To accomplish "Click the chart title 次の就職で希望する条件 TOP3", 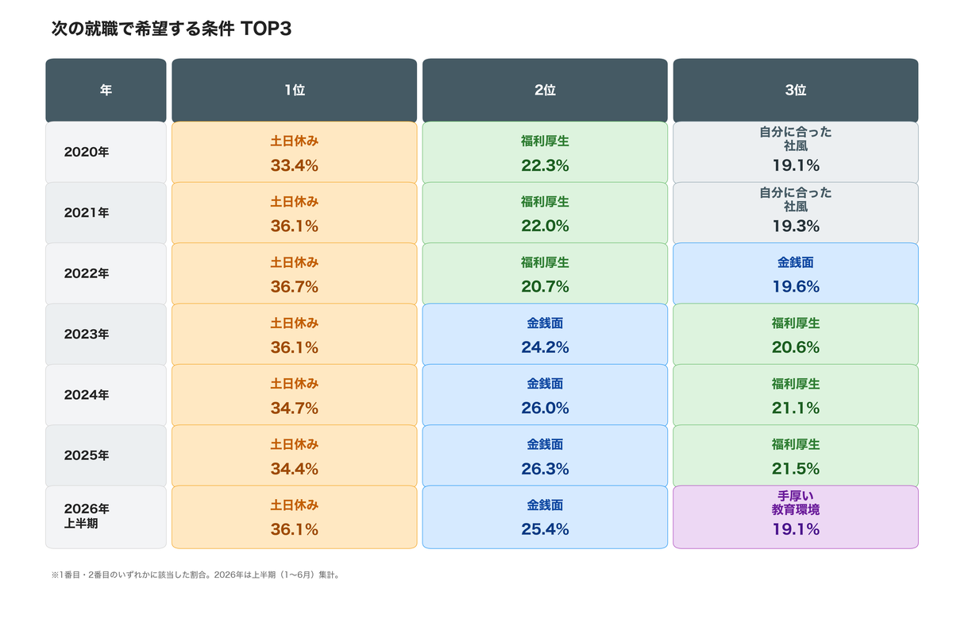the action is pyautogui.click(x=171, y=29).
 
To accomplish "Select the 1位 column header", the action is pyautogui.click(x=295, y=90).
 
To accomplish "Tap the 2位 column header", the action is pyautogui.click(x=545, y=90).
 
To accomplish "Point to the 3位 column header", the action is pyautogui.click(x=796, y=90).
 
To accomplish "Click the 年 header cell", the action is pyautogui.click(x=106, y=90).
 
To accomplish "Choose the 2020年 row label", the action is pyautogui.click(x=87, y=152).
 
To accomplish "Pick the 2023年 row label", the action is pyautogui.click(x=87, y=334).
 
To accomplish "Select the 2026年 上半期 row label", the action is pyautogui.click(x=87, y=516).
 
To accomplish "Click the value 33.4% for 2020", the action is pyautogui.click(x=295, y=165).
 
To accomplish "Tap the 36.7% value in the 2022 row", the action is pyautogui.click(x=295, y=287).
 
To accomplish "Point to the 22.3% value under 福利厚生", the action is pyautogui.click(x=545, y=165).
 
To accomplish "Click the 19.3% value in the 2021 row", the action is pyautogui.click(x=796, y=226).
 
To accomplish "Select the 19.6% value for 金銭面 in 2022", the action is pyautogui.click(x=796, y=287).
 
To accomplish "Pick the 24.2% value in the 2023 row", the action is pyautogui.click(x=545, y=347).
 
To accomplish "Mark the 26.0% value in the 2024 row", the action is pyautogui.click(x=545, y=408).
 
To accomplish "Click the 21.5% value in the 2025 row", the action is pyautogui.click(x=796, y=469).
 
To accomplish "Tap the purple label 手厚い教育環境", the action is pyautogui.click(x=796, y=503).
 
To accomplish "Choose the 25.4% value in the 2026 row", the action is pyautogui.click(x=545, y=529).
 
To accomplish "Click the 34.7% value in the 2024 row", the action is pyautogui.click(x=295, y=408).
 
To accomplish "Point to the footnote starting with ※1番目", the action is pyautogui.click(x=196, y=575).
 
